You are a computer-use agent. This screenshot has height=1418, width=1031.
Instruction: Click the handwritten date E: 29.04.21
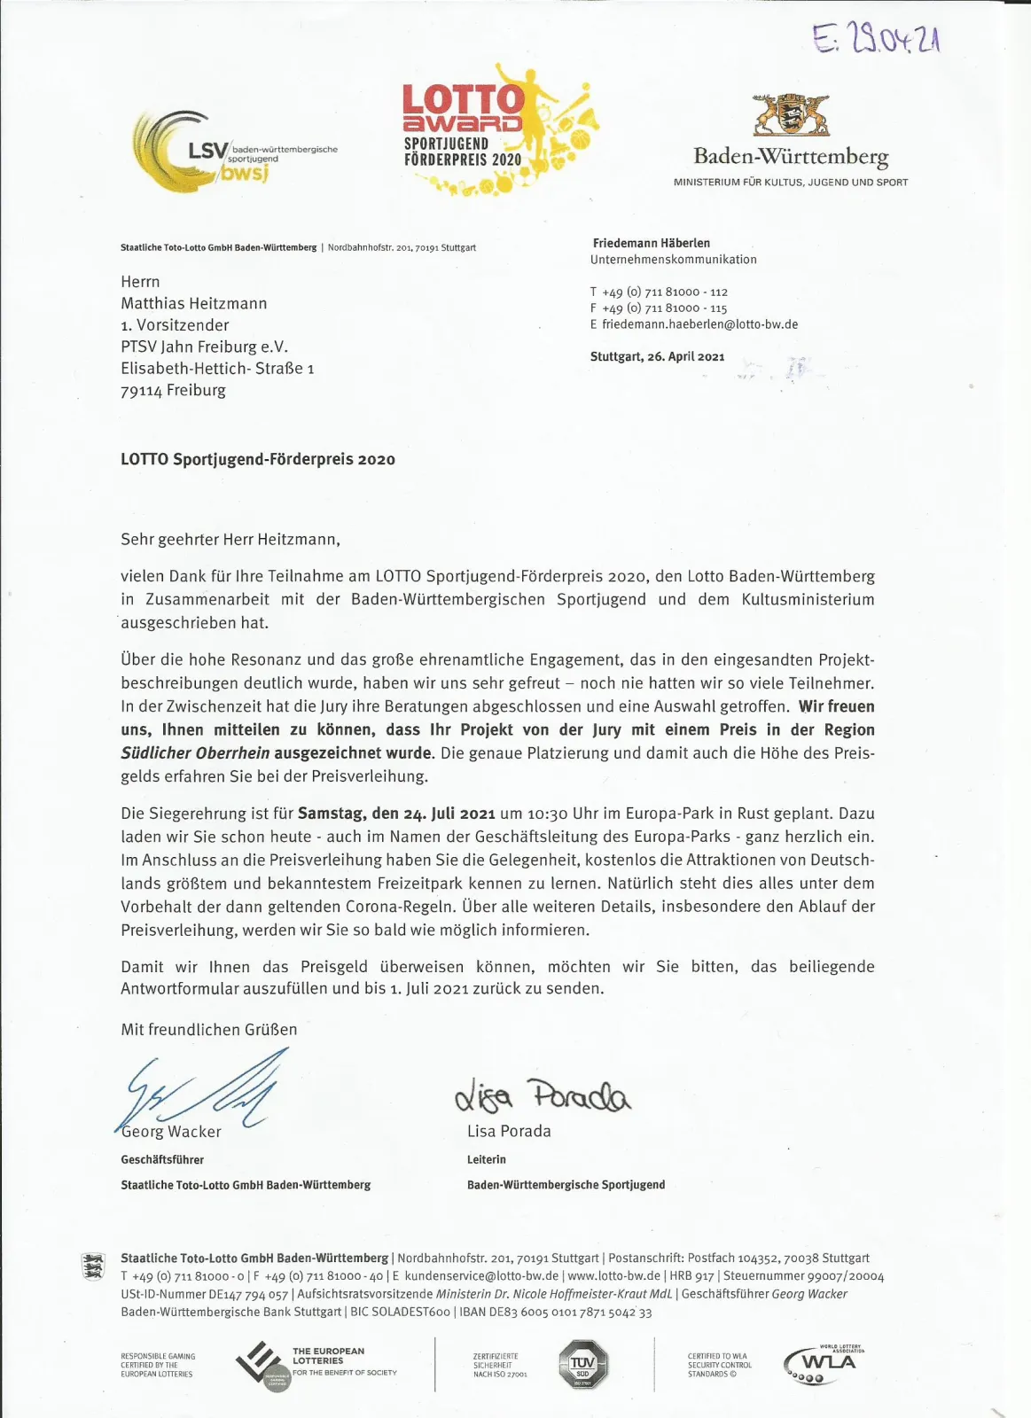tap(876, 38)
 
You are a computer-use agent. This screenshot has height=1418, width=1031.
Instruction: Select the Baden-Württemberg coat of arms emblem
tap(791, 114)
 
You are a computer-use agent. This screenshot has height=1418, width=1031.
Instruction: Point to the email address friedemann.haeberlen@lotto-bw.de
tap(699, 324)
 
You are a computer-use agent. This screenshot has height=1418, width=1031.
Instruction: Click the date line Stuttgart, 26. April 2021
tap(657, 356)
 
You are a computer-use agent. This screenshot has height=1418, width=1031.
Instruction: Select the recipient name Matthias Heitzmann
tap(194, 303)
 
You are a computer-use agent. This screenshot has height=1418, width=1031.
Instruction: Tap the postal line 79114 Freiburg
tap(173, 390)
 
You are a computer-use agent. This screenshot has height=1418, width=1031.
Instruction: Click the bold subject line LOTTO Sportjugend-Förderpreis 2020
tap(258, 459)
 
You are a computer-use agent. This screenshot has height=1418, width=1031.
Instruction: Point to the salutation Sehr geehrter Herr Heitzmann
tap(230, 539)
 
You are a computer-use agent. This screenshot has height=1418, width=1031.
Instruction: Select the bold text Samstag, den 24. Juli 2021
tap(396, 813)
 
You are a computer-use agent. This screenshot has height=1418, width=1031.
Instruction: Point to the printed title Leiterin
tap(487, 1159)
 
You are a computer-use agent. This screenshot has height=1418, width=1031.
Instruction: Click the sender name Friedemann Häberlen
tap(652, 243)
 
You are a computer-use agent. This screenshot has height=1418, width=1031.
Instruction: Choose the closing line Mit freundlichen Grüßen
tap(209, 1029)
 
